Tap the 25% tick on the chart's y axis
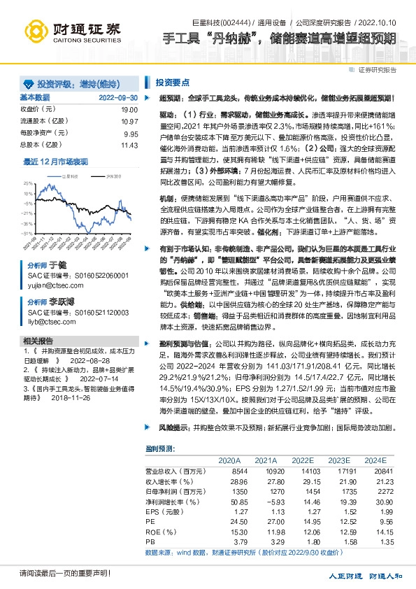[27, 183]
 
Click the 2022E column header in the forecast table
[302, 460]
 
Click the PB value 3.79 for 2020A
[229, 541]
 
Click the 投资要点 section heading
[173, 82]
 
